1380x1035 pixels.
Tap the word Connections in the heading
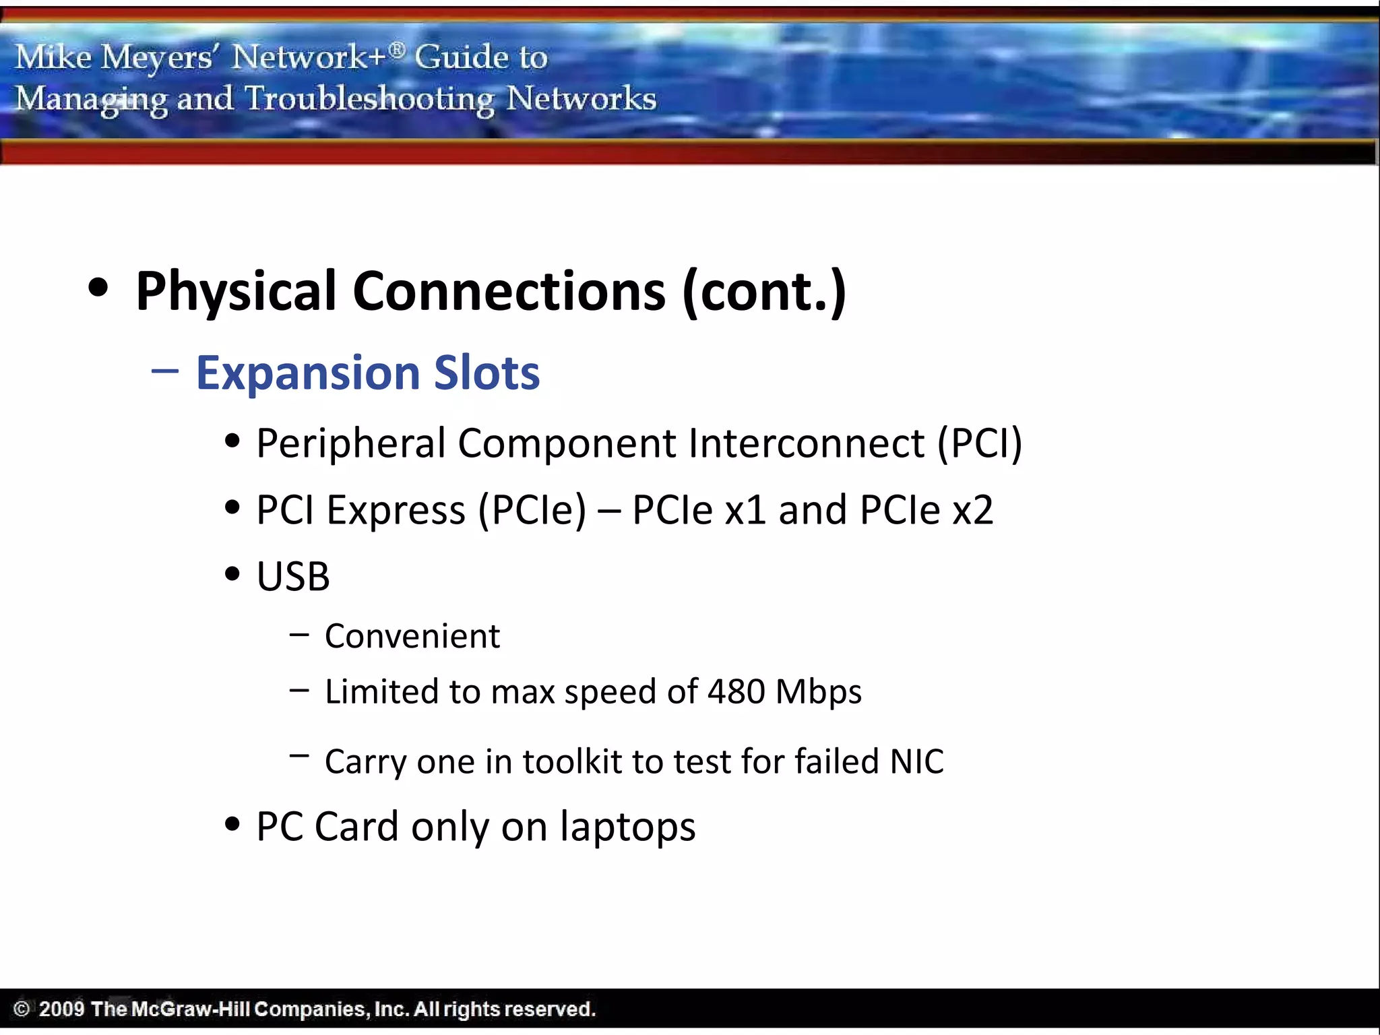click(509, 292)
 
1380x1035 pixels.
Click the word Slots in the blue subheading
click(487, 373)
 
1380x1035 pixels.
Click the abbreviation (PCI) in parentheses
click(980, 444)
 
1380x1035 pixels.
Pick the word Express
click(396, 510)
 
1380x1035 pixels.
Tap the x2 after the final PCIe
click(972, 510)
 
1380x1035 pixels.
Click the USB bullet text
click(293, 577)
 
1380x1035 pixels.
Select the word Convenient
click(412, 636)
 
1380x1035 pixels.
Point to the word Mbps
click(819, 691)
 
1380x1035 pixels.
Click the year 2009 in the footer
click(61, 1009)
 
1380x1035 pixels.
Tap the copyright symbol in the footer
click(22, 1009)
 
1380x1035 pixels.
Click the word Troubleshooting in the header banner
click(369, 99)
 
